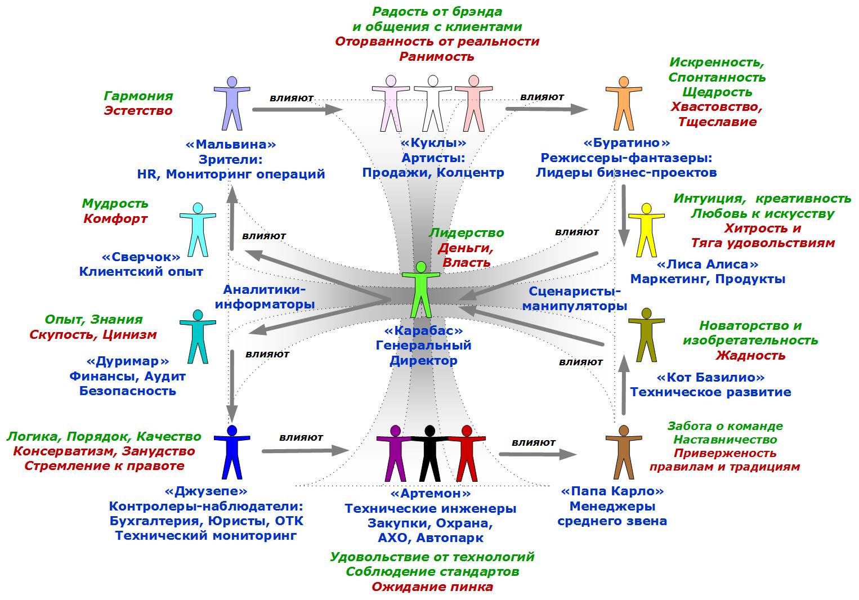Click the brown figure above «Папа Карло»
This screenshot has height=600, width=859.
pos(623,453)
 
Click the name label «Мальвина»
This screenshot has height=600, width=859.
pos(231,144)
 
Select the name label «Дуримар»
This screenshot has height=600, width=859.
pos(127,361)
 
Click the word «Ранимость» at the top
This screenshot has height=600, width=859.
pos(437,56)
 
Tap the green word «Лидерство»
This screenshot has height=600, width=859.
pos(467,232)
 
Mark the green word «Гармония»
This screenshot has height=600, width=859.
pos(138,96)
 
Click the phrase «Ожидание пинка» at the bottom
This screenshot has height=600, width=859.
pos(432,586)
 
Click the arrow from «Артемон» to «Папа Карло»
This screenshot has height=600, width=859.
pos(537,454)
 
